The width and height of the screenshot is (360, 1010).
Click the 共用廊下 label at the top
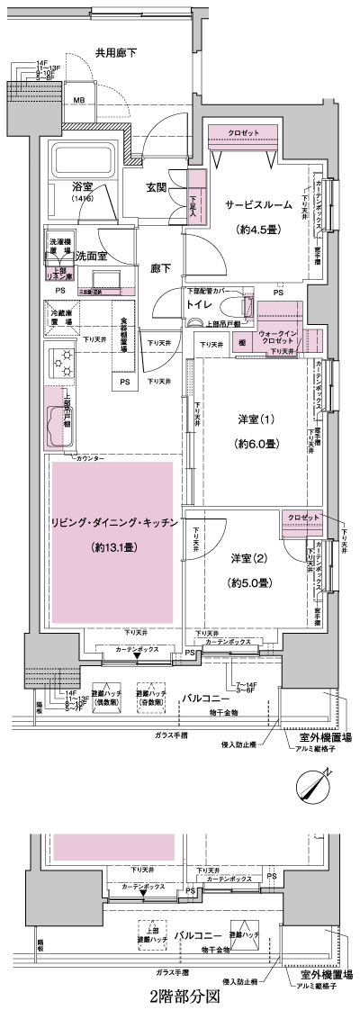[116, 54]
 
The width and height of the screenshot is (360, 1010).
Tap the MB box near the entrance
[79, 100]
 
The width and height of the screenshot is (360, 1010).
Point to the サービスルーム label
[258, 205]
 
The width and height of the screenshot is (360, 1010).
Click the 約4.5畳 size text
[258, 228]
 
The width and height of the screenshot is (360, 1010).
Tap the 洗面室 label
[91, 255]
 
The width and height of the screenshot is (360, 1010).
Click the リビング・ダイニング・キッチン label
[112, 523]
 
